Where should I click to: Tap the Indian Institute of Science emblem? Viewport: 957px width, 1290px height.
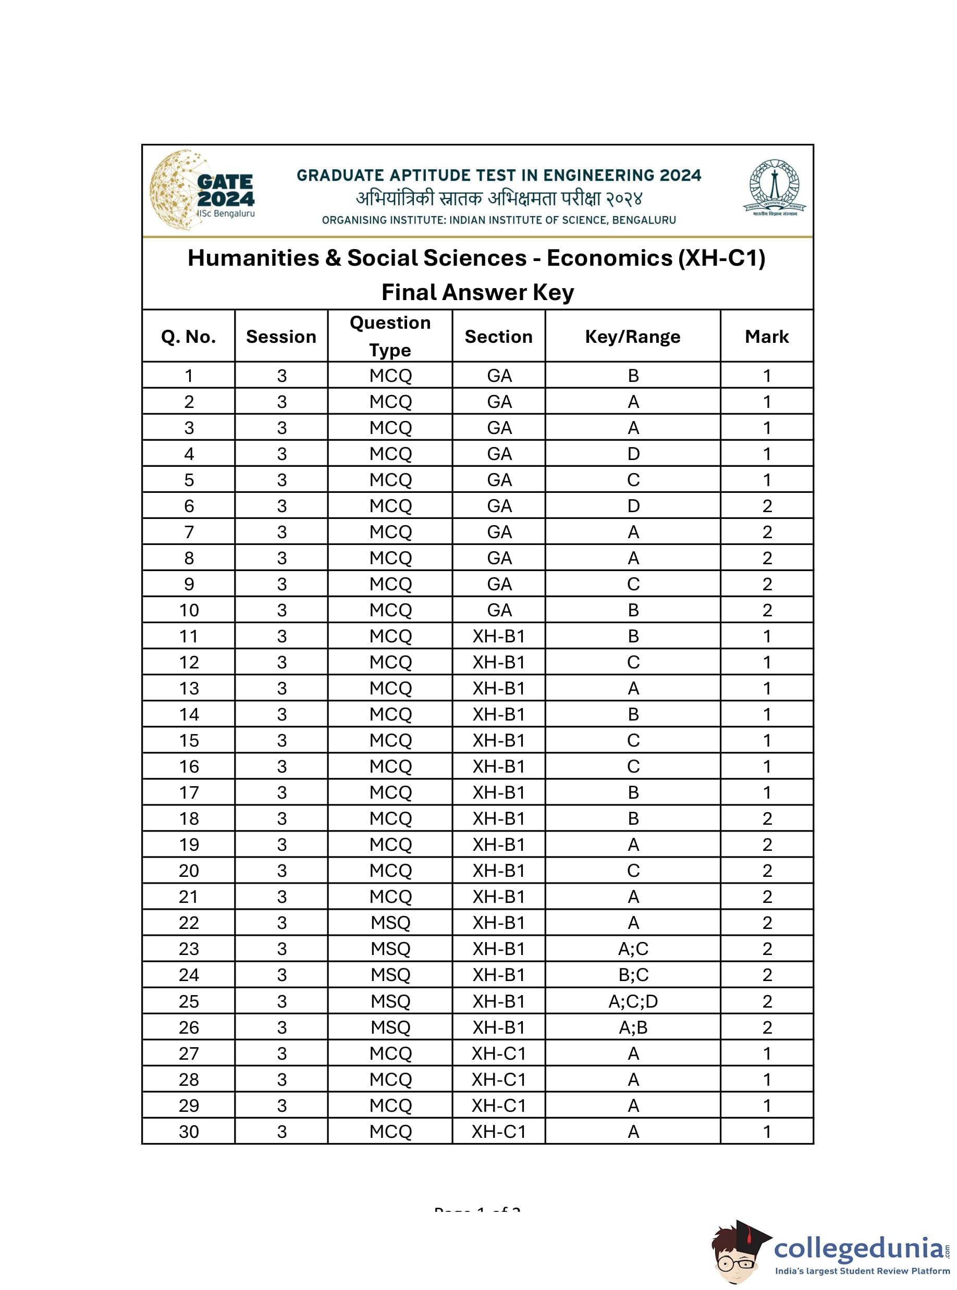click(774, 189)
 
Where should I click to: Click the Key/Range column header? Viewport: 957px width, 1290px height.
click(633, 337)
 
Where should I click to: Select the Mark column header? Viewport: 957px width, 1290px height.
click(766, 337)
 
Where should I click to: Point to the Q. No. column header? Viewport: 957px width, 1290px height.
click(188, 337)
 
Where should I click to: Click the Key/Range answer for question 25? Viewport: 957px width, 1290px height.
click(633, 1001)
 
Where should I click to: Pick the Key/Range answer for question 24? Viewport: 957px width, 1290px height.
click(633, 975)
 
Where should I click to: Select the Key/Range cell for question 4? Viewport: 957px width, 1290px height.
click(633, 454)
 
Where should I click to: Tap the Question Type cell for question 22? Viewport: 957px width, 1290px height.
click(390, 923)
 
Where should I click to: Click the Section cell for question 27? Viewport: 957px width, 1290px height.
click(498, 1053)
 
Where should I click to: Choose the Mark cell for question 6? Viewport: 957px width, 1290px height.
click(767, 506)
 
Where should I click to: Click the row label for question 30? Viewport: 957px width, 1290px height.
click(189, 1132)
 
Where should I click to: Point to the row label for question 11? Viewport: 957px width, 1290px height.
click(189, 636)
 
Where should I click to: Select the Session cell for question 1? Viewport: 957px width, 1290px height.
click(281, 376)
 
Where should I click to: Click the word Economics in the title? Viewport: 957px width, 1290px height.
click(609, 258)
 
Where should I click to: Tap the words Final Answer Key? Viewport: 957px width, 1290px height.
click(477, 292)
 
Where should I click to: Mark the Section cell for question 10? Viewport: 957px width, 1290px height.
click(499, 610)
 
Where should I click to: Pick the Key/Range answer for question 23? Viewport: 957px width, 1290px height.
click(633, 949)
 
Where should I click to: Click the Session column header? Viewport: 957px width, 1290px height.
click(281, 337)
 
